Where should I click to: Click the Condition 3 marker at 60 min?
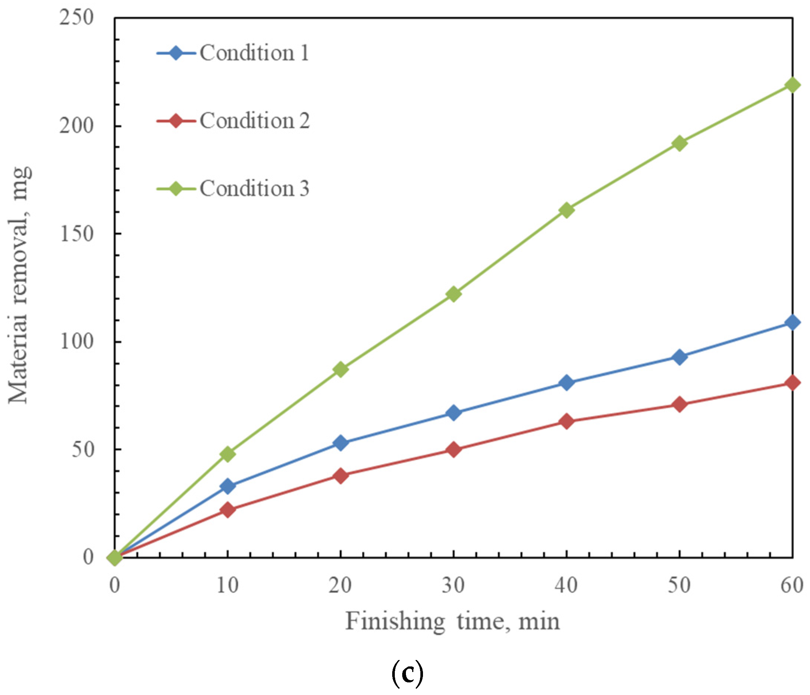(x=792, y=85)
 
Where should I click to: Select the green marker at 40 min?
(x=566, y=210)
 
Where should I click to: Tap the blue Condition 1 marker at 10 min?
(x=228, y=486)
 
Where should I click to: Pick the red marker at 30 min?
(x=453, y=449)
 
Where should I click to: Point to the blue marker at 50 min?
(x=680, y=357)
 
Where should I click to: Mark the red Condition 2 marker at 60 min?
(x=792, y=382)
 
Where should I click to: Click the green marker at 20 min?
(x=341, y=369)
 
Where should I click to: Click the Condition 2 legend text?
(x=255, y=121)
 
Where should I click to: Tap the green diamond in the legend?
(x=176, y=188)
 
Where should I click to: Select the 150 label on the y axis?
(x=77, y=234)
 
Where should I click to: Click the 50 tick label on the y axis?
(x=83, y=449)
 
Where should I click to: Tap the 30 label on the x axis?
(x=453, y=586)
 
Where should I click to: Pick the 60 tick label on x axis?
(x=792, y=586)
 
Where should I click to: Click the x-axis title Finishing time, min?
(x=453, y=622)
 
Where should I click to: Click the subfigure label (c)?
(x=407, y=673)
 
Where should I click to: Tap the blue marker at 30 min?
(x=453, y=413)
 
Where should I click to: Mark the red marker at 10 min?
(x=228, y=510)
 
